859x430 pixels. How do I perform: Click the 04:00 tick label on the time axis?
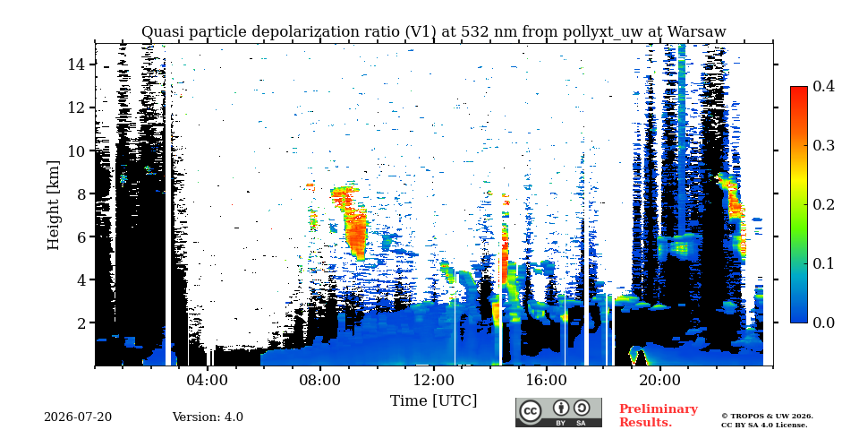tap(208, 380)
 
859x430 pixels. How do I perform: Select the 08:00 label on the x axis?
tap(320, 380)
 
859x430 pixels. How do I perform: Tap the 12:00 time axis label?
tap(433, 380)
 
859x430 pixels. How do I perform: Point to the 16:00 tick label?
tap(546, 380)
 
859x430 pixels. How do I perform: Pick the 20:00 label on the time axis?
tap(659, 380)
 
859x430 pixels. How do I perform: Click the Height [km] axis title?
tap(53, 205)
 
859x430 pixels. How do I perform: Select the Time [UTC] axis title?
tap(433, 401)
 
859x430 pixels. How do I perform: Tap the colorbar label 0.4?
tap(823, 86)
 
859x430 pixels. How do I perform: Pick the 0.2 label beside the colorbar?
tap(823, 204)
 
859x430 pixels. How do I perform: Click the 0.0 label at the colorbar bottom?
tap(823, 322)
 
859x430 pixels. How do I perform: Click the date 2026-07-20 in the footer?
tap(78, 417)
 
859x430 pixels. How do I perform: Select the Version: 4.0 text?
tap(208, 417)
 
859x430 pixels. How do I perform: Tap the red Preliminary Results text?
tap(659, 416)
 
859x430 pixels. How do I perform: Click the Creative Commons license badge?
tap(558, 412)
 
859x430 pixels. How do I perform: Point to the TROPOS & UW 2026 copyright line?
tap(767, 417)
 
